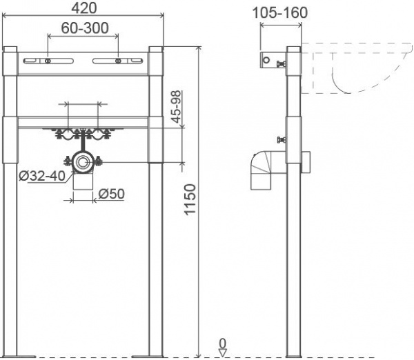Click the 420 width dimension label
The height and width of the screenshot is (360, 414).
click(x=84, y=8)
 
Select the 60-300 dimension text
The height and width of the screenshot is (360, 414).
click(x=85, y=28)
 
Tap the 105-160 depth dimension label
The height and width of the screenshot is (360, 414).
click(x=280, y=12)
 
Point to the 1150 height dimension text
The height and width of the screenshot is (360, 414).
click(x=190, y=199)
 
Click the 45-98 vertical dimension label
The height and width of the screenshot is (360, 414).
click(x=177, y=107)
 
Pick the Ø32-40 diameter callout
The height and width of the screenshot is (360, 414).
click(x=42, y=176)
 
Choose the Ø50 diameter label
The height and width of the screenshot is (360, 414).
click(x=111, y=194)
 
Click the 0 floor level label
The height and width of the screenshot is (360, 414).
click(x=223, y=343)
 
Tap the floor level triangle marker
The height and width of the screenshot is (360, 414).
click(x=223, y=353)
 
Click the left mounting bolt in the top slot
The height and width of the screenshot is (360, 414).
click(x=48, y=61)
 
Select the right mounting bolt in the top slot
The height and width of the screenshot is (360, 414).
click(x=118, y=61)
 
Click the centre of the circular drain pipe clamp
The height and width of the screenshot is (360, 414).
click(x=83, y=161)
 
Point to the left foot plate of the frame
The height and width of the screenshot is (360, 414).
click(x=19, y=357)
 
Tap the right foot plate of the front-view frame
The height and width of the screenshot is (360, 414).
click(x=148, y=357)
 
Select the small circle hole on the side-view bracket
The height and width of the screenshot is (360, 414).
click(x=266, y=60)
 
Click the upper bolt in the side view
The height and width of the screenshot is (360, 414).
click(x=282, y=64)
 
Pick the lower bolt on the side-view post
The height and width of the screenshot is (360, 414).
click(x=282, y=139)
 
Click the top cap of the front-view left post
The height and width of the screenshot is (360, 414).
click(x=10, y=50)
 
